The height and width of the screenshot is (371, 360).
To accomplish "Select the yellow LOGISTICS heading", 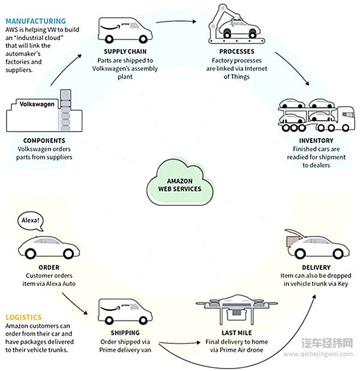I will click(23, 317).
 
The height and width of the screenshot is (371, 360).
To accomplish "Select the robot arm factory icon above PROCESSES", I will click(235, 26).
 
